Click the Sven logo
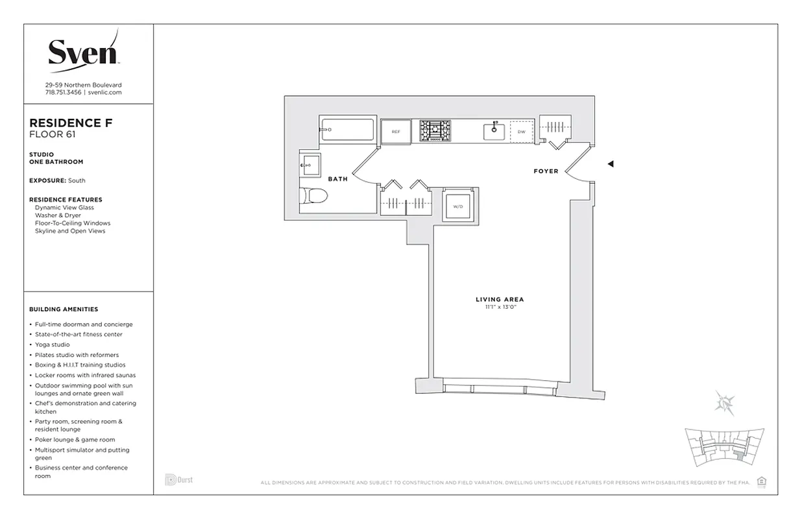(x=83, y=51)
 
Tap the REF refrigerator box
(x=395, y=131)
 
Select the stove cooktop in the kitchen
(x=434, y=130)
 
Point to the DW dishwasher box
(x=521, y=132)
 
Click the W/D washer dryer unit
(x=459, y=206)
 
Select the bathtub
(x=347, y=130)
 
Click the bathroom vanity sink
(x=309, y=165)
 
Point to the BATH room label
(x=337, y=179)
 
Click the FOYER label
(x=546, y=171)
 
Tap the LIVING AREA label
(x=499, y=299)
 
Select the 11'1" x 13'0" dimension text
(x=499, y=307)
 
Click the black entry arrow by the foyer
(x=610, y=164)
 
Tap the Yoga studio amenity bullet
(x=52, y=344)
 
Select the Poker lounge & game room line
(x=71, y=440)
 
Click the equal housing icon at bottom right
(x=762, y=481)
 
